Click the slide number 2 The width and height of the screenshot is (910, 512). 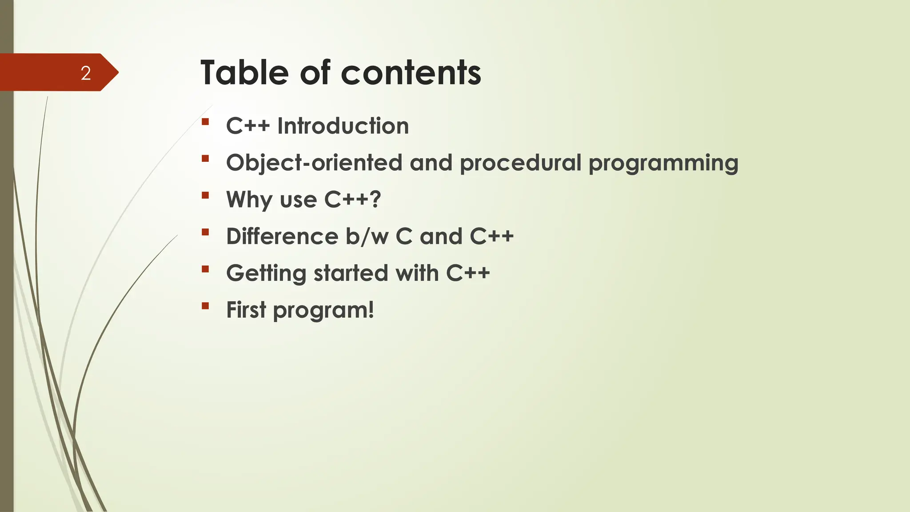[x=86, y=73]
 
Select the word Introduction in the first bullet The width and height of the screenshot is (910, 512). [x=343, y=126]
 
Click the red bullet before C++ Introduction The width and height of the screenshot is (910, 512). [x=205, y=121]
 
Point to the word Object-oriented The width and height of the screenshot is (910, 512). [x=314, y=163]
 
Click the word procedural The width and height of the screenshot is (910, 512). [x=520, y=164]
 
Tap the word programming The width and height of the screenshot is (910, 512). [x=663, y=164]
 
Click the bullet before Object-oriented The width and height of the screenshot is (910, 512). [x=205, y=158]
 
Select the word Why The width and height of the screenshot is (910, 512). [x=249, y=200]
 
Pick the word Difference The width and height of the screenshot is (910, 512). [x=282, y=236]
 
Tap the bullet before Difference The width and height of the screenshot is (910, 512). [x=205, y=232]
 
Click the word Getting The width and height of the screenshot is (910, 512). [x=266, y=273]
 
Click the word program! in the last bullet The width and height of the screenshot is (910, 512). [x=323, y=311]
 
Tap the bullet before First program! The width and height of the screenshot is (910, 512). [x=205, y=305]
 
